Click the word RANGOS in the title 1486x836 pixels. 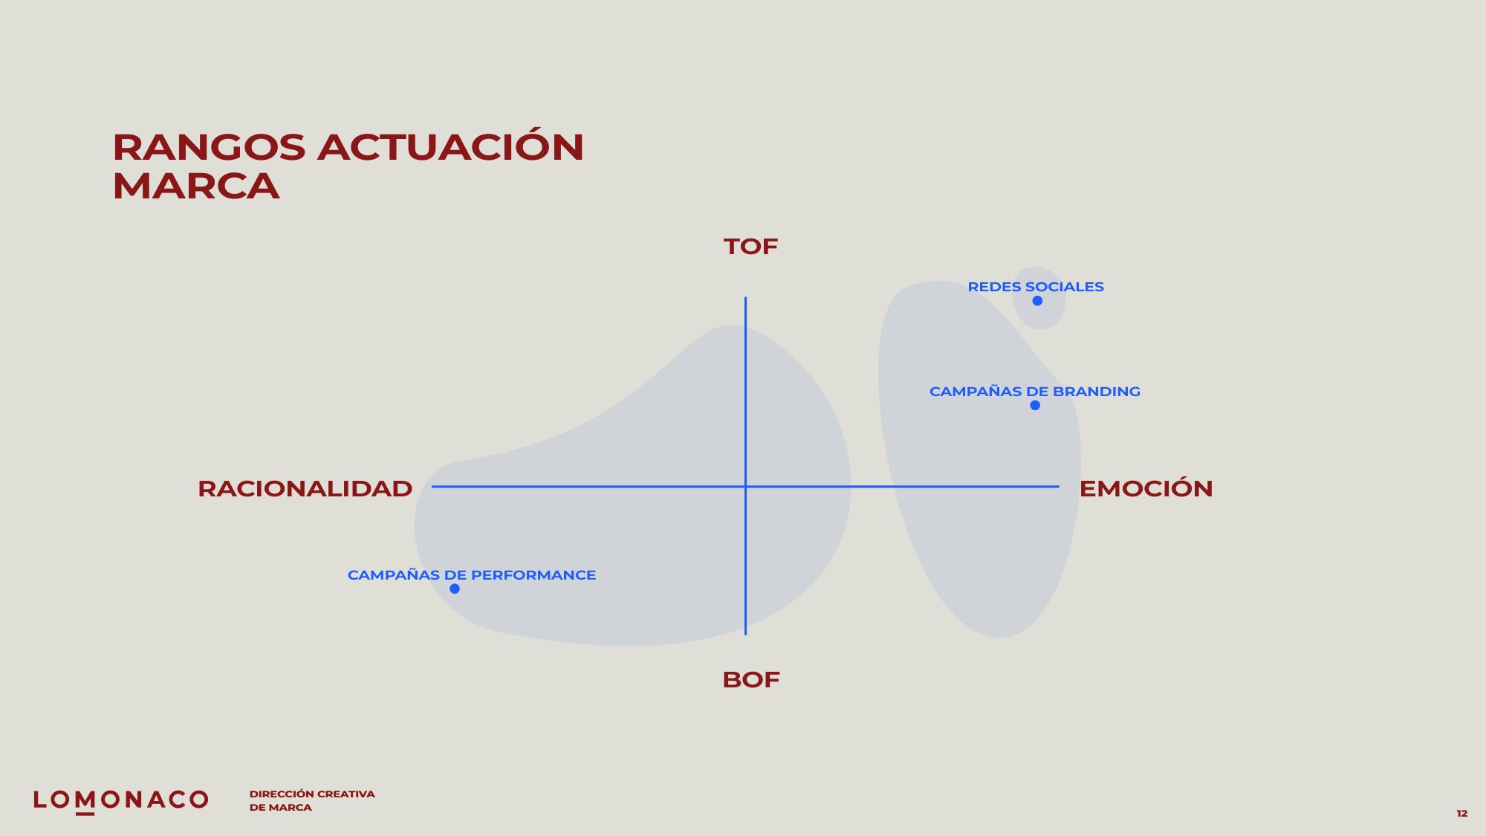pos(209,147)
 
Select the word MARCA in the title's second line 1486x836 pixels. pos(196,186)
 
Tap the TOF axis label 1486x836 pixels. pos(750,247)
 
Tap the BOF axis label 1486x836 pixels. pos(751,680)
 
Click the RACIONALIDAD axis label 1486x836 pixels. pos(305,489)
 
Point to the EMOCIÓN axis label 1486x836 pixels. pos(1146,487)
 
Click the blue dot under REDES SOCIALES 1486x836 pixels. pos(1037,301)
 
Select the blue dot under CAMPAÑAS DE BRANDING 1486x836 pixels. pos(1035,405)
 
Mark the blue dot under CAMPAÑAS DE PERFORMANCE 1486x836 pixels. pos(455,589)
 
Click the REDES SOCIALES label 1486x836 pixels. pos(1036,287)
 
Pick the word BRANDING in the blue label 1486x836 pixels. pos(1097,392)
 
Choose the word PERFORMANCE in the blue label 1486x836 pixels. pos(533,575)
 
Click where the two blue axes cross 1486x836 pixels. pos(745,487)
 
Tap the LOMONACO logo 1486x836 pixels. pos(121,800)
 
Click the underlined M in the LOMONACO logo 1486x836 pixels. pos(85,801)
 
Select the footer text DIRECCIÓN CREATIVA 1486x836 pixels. pos(312,794)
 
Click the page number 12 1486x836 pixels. pos(1461,814)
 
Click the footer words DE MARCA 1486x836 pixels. pos(281,808)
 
